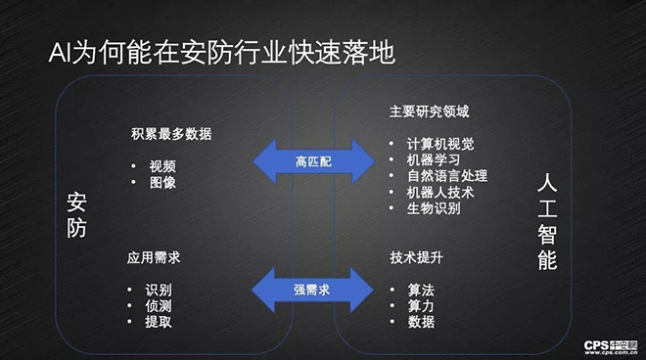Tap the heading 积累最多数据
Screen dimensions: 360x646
pos(170,134)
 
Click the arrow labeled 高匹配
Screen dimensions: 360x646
pos(313,159)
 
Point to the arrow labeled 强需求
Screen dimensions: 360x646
pos(313,289)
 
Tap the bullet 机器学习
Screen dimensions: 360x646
pos(433,159)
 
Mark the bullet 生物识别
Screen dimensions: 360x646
pos(433,208)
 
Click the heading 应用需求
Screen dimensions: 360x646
pos(154,259)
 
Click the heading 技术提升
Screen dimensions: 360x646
pos(416,259)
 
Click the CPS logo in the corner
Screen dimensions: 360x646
pos(609,346)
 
